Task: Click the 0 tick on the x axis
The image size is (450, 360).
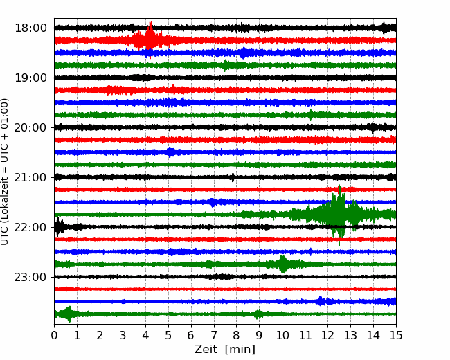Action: click(54, 335)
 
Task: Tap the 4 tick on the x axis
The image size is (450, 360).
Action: click(145, 335)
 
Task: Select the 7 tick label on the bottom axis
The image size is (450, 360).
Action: click(214, 335)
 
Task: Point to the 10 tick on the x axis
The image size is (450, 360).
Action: click(282, 335)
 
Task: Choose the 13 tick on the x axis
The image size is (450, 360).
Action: click(351, 335)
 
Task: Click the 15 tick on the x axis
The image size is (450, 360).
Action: click(396, 335)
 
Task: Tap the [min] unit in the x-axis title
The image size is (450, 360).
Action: click(240, 350)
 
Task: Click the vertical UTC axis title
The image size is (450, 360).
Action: click(5, 172)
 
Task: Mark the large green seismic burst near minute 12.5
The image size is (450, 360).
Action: click(339, 215)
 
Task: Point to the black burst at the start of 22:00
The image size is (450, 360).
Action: click(60, 227)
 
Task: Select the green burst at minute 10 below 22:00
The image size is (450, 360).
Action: click(282, 264)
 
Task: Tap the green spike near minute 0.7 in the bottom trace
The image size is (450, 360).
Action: click(69, 314)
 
